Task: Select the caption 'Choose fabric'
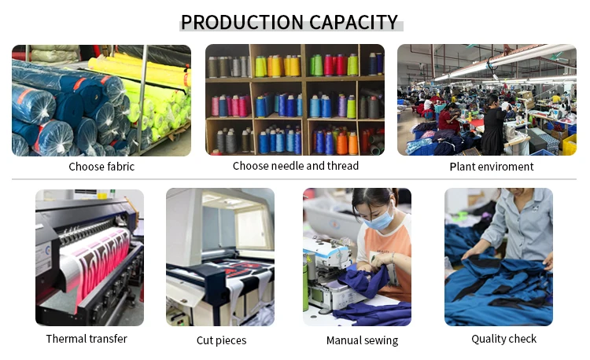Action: (x=101, y=167)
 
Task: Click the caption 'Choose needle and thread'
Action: (x=295, y=166)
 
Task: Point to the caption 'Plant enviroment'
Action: (x=492, y=167)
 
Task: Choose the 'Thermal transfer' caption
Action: (x=87, y=339)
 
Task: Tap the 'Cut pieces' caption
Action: (x=221, y=340)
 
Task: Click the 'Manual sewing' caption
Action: (x=362, y=340)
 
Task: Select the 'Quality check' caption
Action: (x=503, y=339)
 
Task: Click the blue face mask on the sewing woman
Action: (x=379, y=220)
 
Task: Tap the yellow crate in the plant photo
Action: (x=570, y=145)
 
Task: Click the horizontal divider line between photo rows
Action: (x=294, y=179)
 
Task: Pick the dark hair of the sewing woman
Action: (x=373, y=197)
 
